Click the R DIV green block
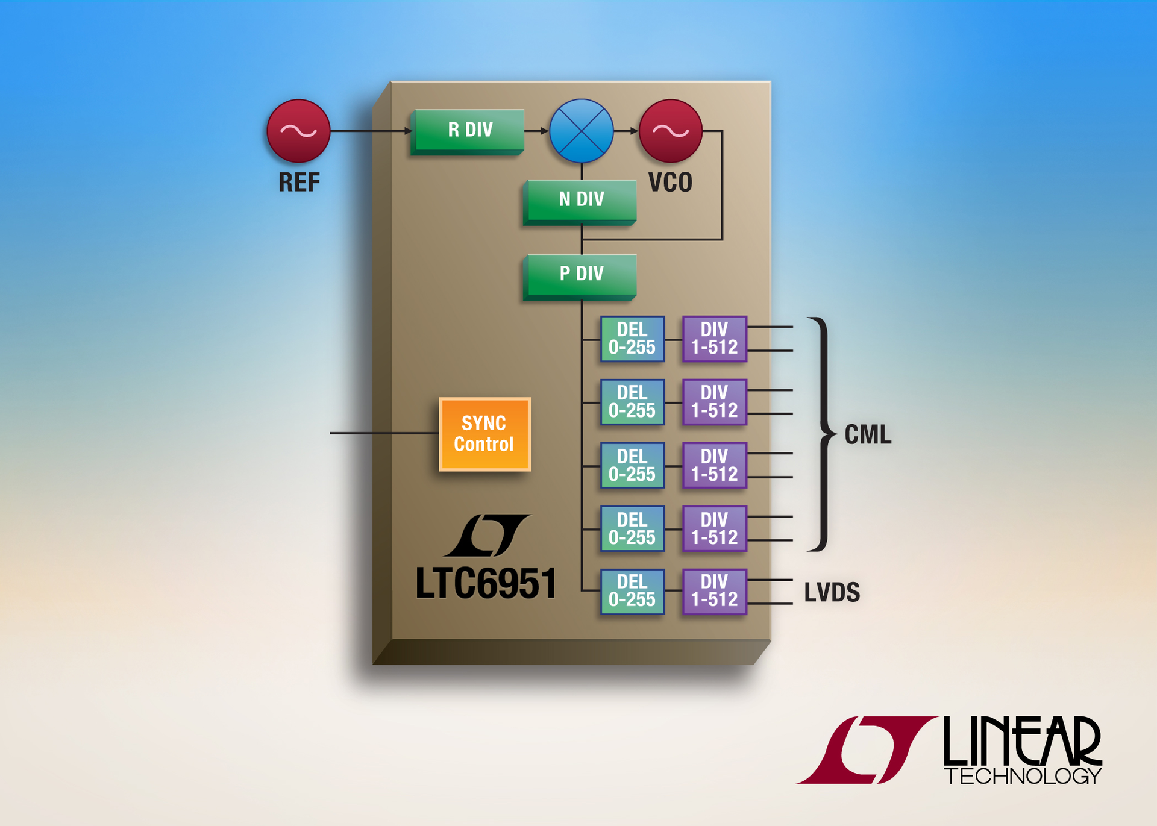[x=469, y=130]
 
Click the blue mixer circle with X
[x=581, y=131]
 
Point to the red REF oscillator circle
[x=298, y=131]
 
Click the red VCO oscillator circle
[x=670, y=131]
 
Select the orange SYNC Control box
[x=484, y=434]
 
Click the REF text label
[x=298, y=183]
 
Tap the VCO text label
[x=670, y=183]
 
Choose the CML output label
[x=867, y=434]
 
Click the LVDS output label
[x=832, y=592]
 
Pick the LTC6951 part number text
[x=486, y=583]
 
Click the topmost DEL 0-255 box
[x=632, y=339]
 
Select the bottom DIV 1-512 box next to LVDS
[x=714, y=591]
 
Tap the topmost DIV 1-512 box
[x=714, y=339]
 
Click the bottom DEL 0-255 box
[x=632, y=591]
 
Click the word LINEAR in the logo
[x=1022, y=741]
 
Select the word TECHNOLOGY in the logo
[x=1022, y=776]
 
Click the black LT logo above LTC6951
[x=488, y=535]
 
